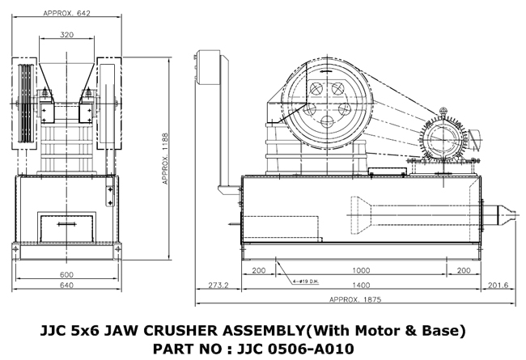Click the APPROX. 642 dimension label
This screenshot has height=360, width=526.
67,13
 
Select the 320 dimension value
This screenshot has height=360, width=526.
67,35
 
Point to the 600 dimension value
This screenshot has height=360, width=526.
67,274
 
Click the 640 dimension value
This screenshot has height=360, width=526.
67,286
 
